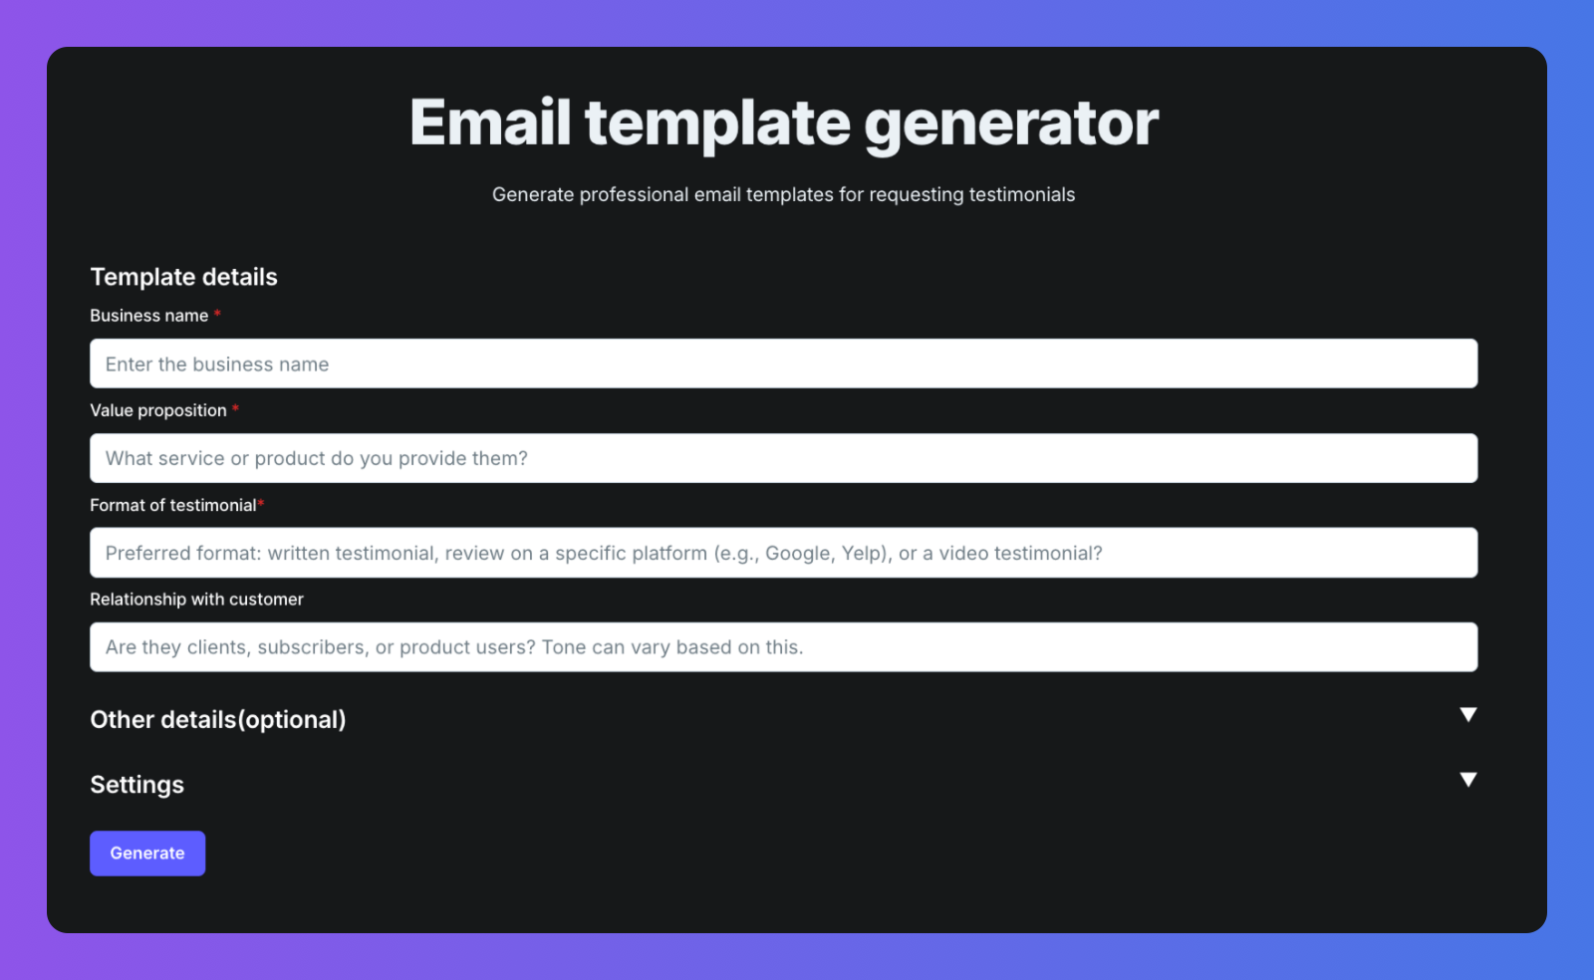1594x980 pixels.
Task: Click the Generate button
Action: [147, 853]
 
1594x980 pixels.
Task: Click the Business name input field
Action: [783, 364]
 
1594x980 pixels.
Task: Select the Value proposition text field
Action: [783, 458]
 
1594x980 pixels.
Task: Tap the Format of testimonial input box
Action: [783, 553]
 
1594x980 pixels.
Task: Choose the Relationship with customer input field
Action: [783, 647]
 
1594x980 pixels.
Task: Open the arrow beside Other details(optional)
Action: [1468, 715]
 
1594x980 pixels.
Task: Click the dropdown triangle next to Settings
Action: [1468, 780]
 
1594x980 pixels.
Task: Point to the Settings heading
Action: [136, 785]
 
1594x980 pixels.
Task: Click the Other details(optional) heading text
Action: [218, 720]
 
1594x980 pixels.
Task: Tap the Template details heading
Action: [183, 277]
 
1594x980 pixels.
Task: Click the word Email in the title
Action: [490, 122]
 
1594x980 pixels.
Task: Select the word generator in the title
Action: [1011, 125]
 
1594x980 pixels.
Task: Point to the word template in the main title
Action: [717, 125]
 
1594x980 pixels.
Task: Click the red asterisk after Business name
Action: [218, 314]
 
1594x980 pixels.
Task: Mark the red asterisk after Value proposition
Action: [235, 408]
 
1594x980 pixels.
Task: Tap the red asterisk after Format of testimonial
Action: [261, 504]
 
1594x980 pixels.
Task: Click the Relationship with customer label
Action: [196, 600]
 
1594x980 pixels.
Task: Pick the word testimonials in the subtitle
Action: [1022, 195]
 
